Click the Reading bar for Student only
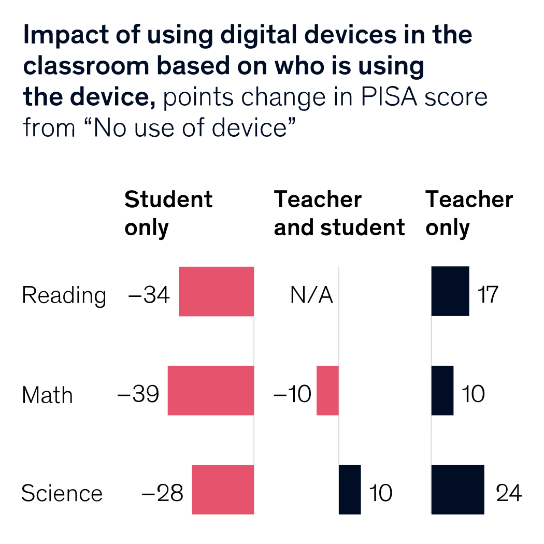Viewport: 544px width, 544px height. click(216, 291)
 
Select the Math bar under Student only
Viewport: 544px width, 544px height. click(210, 390)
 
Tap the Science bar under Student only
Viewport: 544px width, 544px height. click(223, 490)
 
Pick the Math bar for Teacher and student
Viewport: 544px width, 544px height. click(327, 390)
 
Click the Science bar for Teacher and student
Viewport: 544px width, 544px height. click(350, 490)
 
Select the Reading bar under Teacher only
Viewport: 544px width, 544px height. click(450, 291)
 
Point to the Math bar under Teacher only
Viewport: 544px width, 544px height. click(442, 390)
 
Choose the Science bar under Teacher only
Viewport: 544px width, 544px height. click(458, 490)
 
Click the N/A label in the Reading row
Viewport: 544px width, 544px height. click(311, 295)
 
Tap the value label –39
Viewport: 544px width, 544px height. click(138, 394)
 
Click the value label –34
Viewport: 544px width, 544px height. click(149, 295)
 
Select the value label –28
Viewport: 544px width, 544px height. click(162, 494)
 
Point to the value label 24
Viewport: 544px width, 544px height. click(508, 494)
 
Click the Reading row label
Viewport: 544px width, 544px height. click(64, 296)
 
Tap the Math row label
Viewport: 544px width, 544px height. click(47, 395)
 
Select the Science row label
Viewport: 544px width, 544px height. click(62, 494)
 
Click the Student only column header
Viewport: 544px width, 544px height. click(168, 213)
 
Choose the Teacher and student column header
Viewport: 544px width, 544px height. click(339, 213)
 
